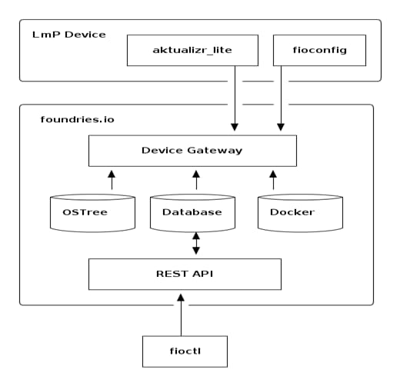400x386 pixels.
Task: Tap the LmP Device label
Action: (x=69, y=35)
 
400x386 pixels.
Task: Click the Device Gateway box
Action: (x=192, y=150)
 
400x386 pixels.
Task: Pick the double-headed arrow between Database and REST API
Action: (x=195, y=245)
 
